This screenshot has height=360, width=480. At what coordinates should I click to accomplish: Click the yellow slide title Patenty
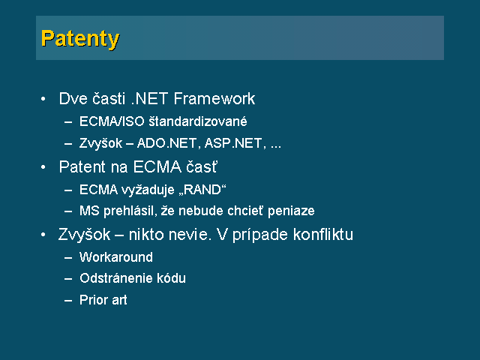[80, 39]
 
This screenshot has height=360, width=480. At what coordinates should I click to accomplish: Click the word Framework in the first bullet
[214, 98]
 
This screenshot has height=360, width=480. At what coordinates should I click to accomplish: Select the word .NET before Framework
[149, 98]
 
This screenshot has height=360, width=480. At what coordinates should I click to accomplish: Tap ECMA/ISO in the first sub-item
[112, 121]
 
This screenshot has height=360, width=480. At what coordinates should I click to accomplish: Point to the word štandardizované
[198, 121]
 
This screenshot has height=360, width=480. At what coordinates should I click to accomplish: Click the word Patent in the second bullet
[82, 166]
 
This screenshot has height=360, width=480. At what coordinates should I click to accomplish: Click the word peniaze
[291, 211]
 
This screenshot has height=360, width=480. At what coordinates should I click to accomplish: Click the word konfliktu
[323, 235]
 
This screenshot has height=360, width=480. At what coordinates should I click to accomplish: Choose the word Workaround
[116, 257]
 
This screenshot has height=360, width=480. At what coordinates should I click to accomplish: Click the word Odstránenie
[115, 278]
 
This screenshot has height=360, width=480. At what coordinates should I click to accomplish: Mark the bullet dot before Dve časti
[43, 99]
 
